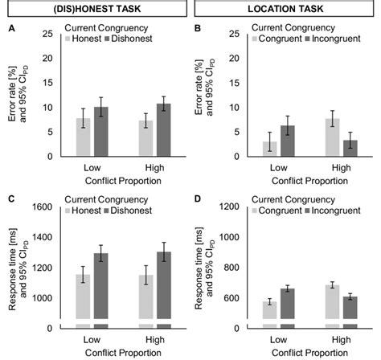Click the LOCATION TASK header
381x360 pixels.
click(285, 10)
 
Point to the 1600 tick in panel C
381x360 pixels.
click(47, 207)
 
